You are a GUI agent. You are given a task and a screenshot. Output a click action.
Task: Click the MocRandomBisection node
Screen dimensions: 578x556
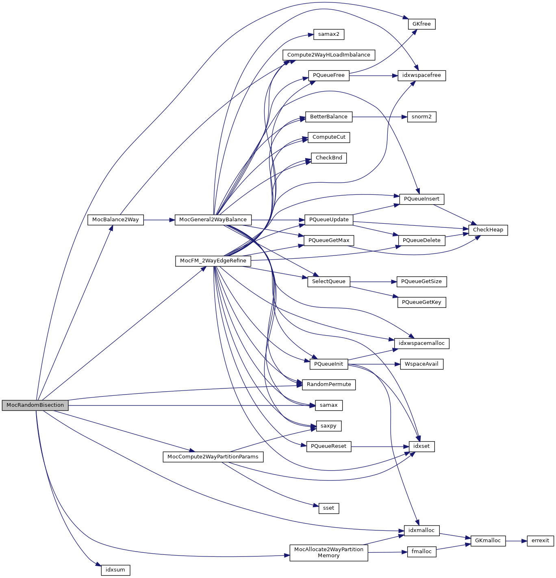[35, 405]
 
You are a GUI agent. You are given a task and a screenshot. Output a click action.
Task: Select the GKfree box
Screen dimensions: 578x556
[421, 24]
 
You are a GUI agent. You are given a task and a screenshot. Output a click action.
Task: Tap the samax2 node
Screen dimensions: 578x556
[328, 34]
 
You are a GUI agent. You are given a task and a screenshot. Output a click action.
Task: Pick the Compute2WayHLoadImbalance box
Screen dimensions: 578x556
[328, 55]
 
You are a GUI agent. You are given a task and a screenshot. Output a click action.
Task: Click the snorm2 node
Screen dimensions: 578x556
[421, 117]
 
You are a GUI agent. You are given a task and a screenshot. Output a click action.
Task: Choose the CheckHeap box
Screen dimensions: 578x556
[488, 230]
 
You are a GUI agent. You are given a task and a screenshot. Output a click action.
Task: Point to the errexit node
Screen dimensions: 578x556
[540, 541]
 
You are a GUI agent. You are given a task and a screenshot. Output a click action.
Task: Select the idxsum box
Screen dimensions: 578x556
[115, 570]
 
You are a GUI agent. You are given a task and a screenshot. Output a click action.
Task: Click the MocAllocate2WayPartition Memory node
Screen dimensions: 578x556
[328, 552]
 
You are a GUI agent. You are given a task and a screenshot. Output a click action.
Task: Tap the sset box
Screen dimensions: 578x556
[328, 508]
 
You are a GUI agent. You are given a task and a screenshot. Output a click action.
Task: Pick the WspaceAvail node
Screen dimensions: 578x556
[421, 364]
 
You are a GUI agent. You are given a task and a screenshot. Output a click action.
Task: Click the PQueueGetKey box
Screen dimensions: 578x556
[421, 302]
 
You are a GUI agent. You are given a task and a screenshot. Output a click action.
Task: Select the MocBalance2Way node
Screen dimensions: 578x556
[115, 220]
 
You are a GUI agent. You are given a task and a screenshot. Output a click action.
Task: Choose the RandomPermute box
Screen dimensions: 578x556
[328, 384]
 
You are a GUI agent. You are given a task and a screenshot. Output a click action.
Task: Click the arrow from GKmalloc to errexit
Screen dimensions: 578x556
[516, 541]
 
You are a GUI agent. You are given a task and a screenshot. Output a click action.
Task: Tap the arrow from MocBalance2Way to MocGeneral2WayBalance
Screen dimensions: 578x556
[159, 220]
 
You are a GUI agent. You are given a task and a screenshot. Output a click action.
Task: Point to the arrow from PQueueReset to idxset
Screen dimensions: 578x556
[380, 447]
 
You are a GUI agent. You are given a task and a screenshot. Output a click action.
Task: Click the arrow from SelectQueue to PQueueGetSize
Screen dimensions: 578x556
[373, 281]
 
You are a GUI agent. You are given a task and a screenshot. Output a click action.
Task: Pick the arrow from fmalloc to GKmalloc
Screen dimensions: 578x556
[453, 547]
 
